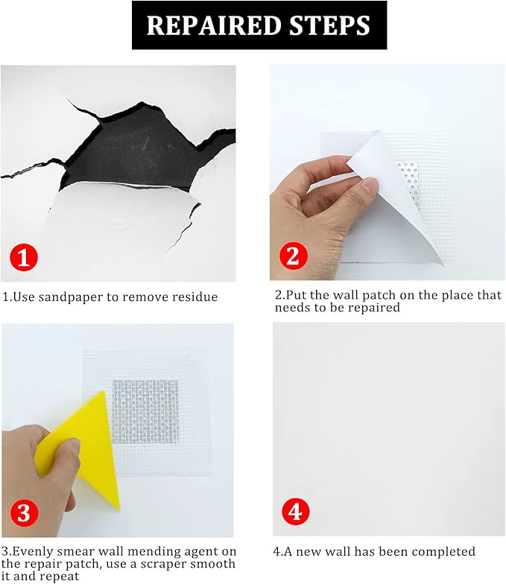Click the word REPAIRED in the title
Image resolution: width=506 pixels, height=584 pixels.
[x=202, y=25]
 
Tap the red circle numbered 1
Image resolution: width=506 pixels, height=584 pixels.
[x=24, y=258]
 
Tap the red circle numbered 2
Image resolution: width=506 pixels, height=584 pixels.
[x=293, y=256]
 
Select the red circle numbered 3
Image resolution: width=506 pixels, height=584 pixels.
[x=24, y=513]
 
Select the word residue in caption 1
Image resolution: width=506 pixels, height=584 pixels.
[x=194, y=297]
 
